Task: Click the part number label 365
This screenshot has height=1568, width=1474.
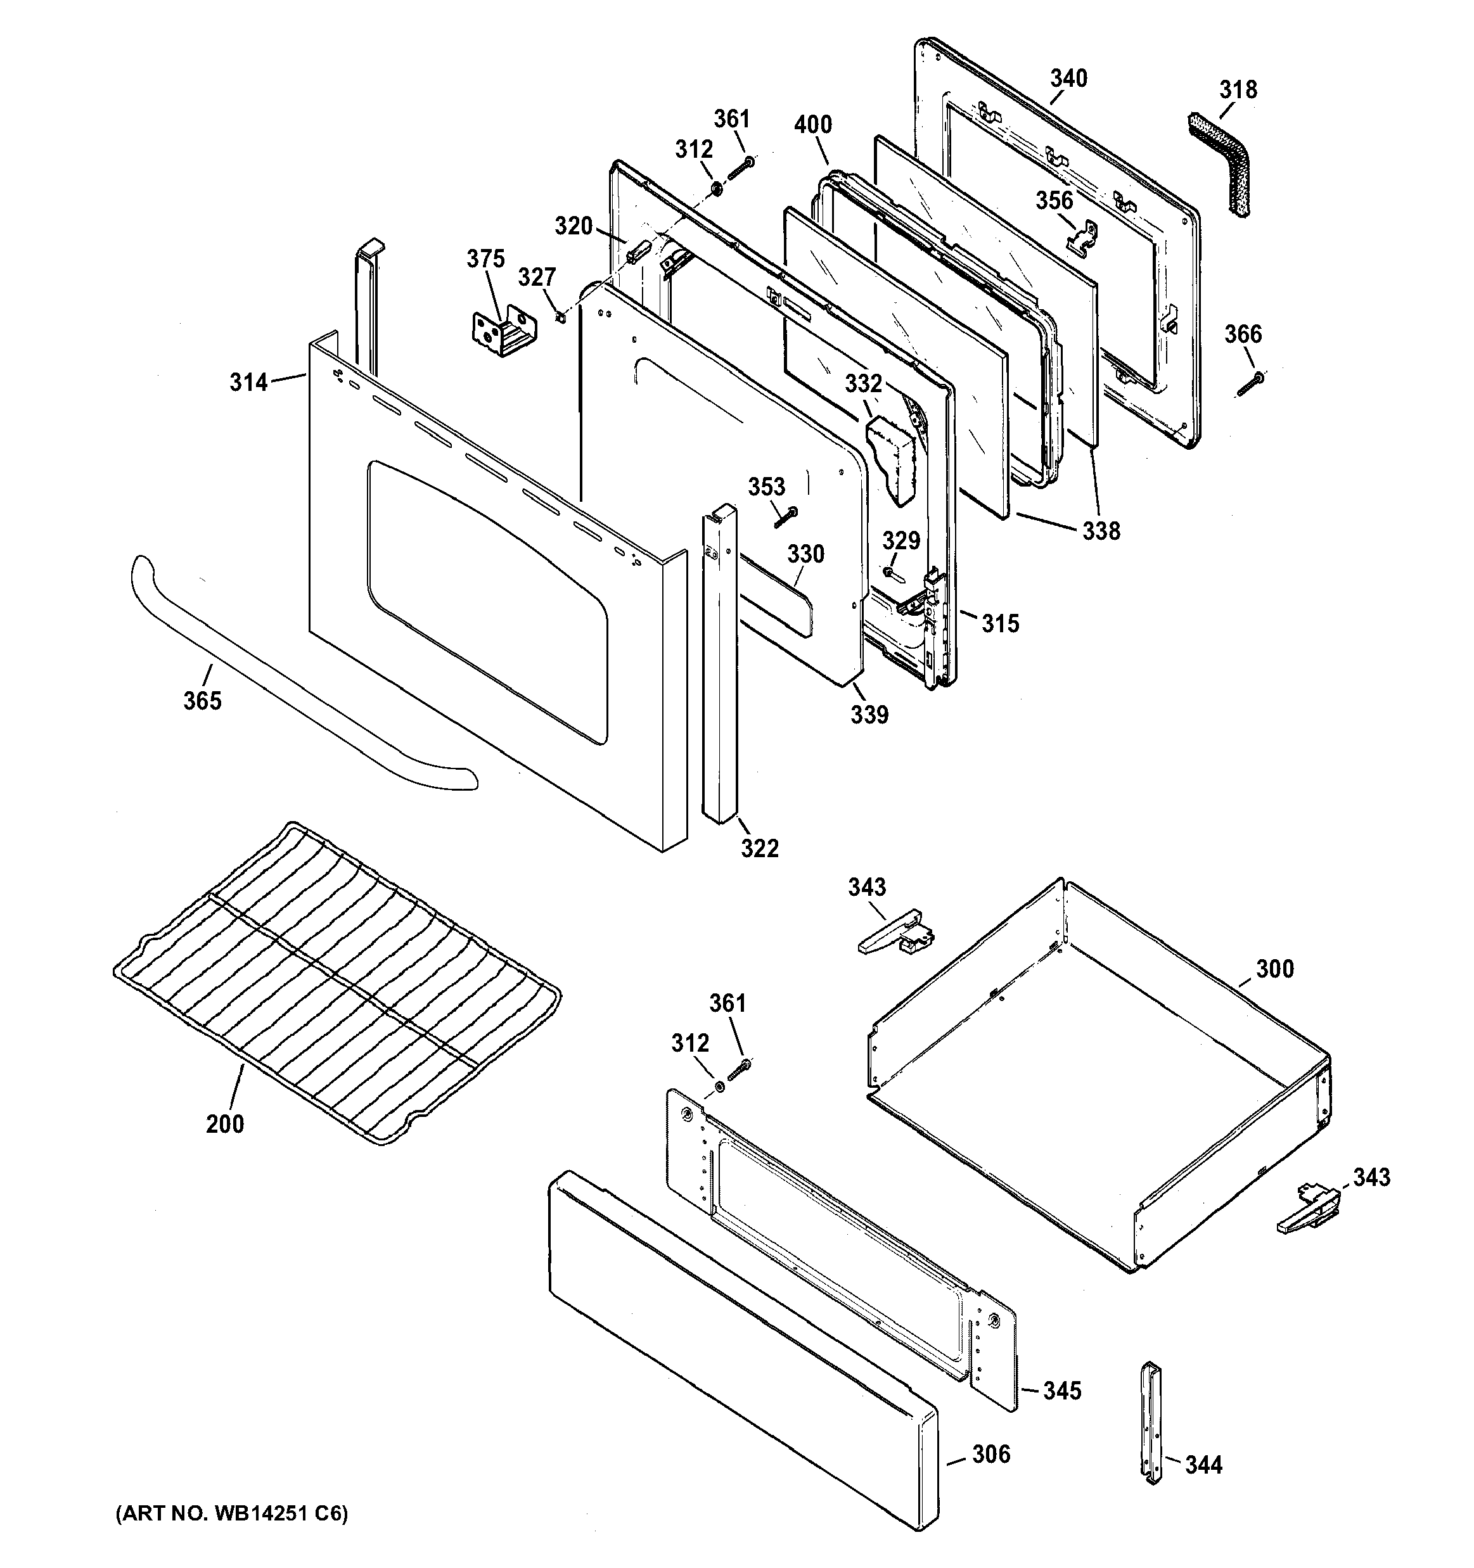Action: point(203,701)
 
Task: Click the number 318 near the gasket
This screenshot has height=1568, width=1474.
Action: point(1238,90)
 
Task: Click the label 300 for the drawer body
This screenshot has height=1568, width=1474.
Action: point(1275,969)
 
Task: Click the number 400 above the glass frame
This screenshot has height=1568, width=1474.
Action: point(813,125)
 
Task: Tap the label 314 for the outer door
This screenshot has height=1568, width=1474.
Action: point(248,383)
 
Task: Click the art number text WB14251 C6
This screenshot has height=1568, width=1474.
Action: point(231,1514)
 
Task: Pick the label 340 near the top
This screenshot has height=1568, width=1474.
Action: point(1068,79)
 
